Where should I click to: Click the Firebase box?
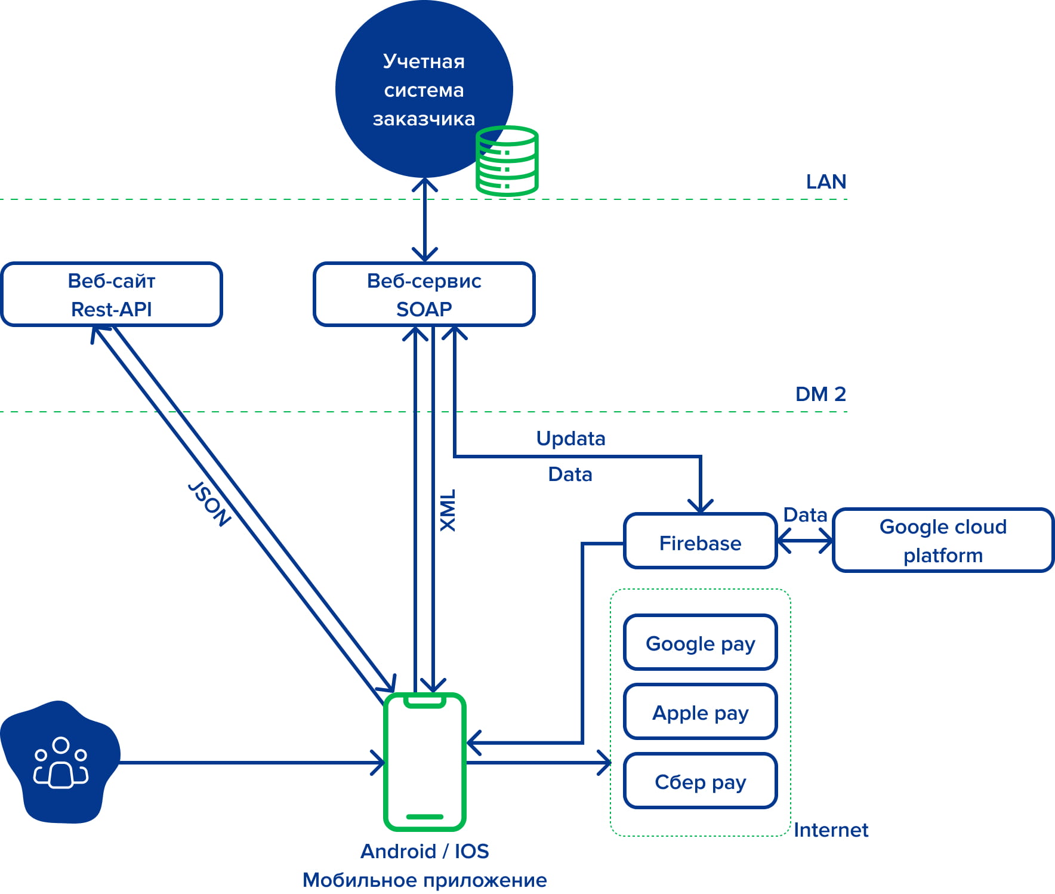(700, 541)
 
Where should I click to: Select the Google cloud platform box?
(943, 540)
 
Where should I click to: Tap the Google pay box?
(700, 643)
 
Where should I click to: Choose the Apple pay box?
(700, 712)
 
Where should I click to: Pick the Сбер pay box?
(700, 781)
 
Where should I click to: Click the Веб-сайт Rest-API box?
(112, 294)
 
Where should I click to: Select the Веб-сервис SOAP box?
(424, 294)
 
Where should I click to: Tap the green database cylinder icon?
(507, 161)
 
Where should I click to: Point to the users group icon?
(60, 763)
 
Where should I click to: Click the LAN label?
(826, 181)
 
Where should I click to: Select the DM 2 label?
(820, 394)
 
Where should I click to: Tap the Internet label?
(831, 830)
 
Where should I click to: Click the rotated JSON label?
(209, 504)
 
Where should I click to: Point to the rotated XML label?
(448, 510)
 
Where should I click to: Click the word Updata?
(570, 439)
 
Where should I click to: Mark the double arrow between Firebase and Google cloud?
(805, 541)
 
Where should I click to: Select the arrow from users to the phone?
(251, 762)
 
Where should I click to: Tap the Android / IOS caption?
(424, 851)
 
